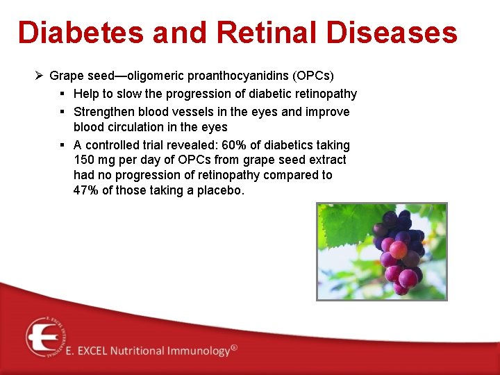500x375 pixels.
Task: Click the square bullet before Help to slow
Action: tap(62, 94)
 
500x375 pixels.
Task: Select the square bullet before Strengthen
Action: tap(62, 112)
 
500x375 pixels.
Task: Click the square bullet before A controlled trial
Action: tap(62, 145)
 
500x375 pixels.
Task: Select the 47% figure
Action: tap(86, 190)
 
